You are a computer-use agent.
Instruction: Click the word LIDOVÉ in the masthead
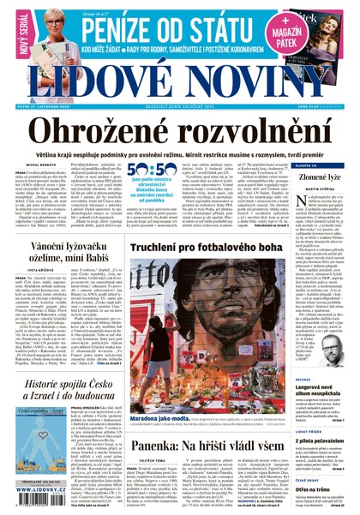pos(103,82)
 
